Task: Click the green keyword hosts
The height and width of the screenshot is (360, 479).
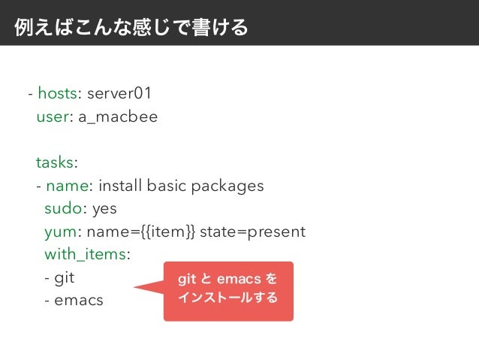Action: click(x=57, y=94)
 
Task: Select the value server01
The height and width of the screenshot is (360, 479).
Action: click(x=119, y=94)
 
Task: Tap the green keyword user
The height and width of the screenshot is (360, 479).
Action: click(x=52, y=117)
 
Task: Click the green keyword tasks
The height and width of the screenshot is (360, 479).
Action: click(x=55, y=163)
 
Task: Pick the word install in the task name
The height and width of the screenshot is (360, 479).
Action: click(x=121, y=186)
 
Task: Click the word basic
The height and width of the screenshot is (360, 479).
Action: click(x=168, y=186)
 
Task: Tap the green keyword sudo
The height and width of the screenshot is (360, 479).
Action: click(x=62, y=208)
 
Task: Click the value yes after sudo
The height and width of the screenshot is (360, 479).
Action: click(x=104, y=208)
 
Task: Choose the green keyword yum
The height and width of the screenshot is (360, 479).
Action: click(x=59, y=231)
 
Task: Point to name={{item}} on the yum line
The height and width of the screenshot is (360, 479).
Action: click(x=137, y=231)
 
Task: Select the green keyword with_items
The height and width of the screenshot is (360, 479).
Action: click(x=85, y=254)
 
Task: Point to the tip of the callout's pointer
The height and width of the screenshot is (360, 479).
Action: click(x=135, y=286)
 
